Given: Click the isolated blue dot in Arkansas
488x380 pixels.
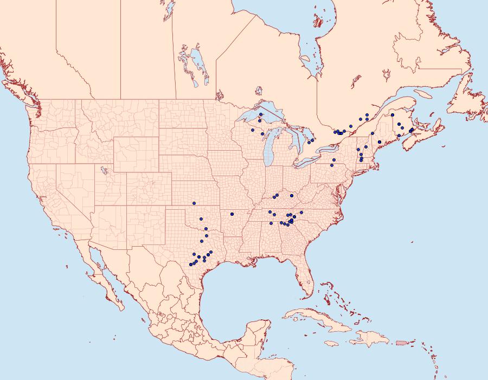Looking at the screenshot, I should pyautogui.click(x=231, y=213).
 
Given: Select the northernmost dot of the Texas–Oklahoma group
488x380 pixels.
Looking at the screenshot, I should pyautogui.click(x=194, y=203).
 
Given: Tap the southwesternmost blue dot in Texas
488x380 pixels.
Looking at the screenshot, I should pyautogui.click(x=190, y=265).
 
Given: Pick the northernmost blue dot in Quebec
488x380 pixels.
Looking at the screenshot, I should pyautogui.click(x=367, y=115).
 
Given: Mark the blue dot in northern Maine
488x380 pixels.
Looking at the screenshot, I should pyautogui.click(x=392, y=115).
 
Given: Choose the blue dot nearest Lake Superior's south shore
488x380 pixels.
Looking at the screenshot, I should pyautogui.click(x=260, y=114).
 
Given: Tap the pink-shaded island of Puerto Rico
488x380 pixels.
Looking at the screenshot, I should pyautogui.click(x=401, y=342).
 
